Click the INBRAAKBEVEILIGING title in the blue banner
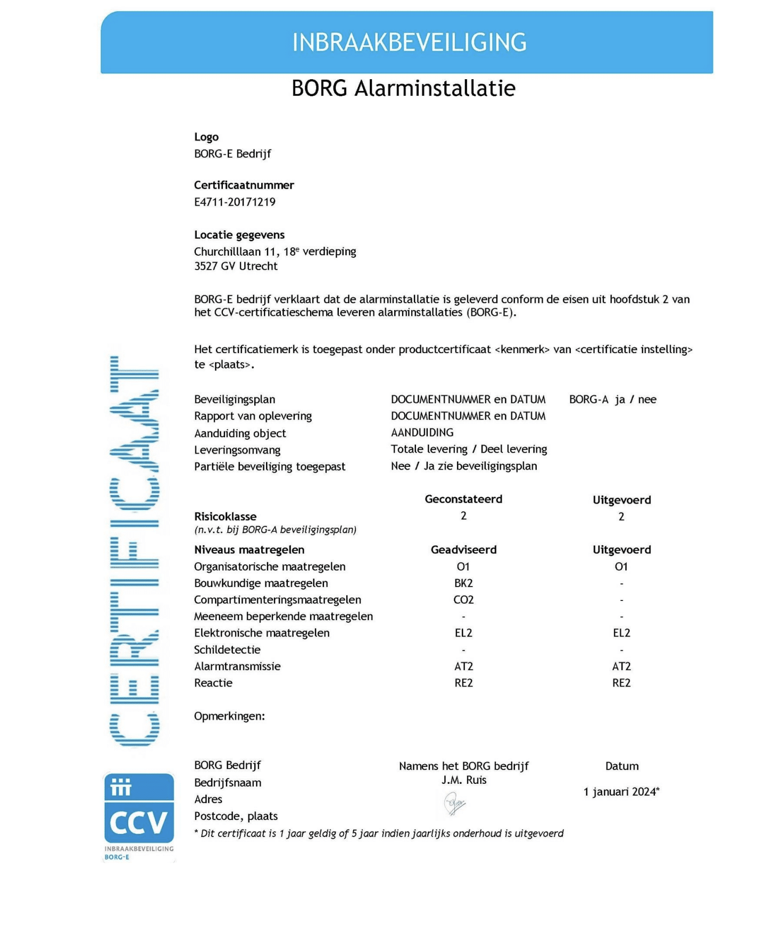coord(409,43)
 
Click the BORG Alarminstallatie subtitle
coord(403,88)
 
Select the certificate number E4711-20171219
coord(235,202)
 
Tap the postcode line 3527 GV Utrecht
coord(236,266)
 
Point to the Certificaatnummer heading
coord(244,185)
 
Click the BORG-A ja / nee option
coord(612,399)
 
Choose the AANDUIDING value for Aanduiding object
coord(422,432)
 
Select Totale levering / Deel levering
coord(469,449)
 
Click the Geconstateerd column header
coord(463,499)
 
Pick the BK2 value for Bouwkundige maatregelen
coord(463,583)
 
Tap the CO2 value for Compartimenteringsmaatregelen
coord(463,599)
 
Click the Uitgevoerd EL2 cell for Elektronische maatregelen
coord(621,633)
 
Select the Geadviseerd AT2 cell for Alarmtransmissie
coord(463,666)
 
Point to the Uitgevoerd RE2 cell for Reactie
coord(621,683)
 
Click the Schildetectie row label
coord(227,649)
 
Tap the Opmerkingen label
coord(229,716)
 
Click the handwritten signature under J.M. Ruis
coord(454,804)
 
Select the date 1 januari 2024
coord(621,792)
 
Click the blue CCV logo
coord(139,808)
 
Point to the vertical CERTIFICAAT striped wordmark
coord(134,550)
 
